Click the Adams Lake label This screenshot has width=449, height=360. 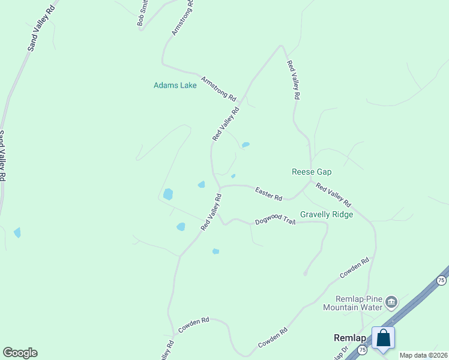tap(175, 86)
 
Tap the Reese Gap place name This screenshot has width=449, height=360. tap(312, 172)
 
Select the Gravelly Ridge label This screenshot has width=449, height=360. tap(326, 214)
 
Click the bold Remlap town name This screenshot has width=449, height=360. tap(350, 338)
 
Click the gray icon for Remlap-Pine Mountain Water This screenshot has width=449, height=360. tap(391, 302)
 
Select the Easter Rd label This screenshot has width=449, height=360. tap(268, 193)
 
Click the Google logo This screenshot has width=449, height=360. tap(20, 353)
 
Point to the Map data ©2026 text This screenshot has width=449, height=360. tap(423, 355)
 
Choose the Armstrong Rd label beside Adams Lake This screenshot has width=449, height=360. tap(218, 88)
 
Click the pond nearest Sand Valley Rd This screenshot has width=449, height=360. tap(17, 232)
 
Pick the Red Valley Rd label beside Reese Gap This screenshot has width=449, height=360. tap(333, 195)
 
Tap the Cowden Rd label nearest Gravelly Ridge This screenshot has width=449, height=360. tap(354, 268)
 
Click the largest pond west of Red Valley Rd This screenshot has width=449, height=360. tap(168, 194)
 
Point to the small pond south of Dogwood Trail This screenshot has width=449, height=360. tap(215, 251)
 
